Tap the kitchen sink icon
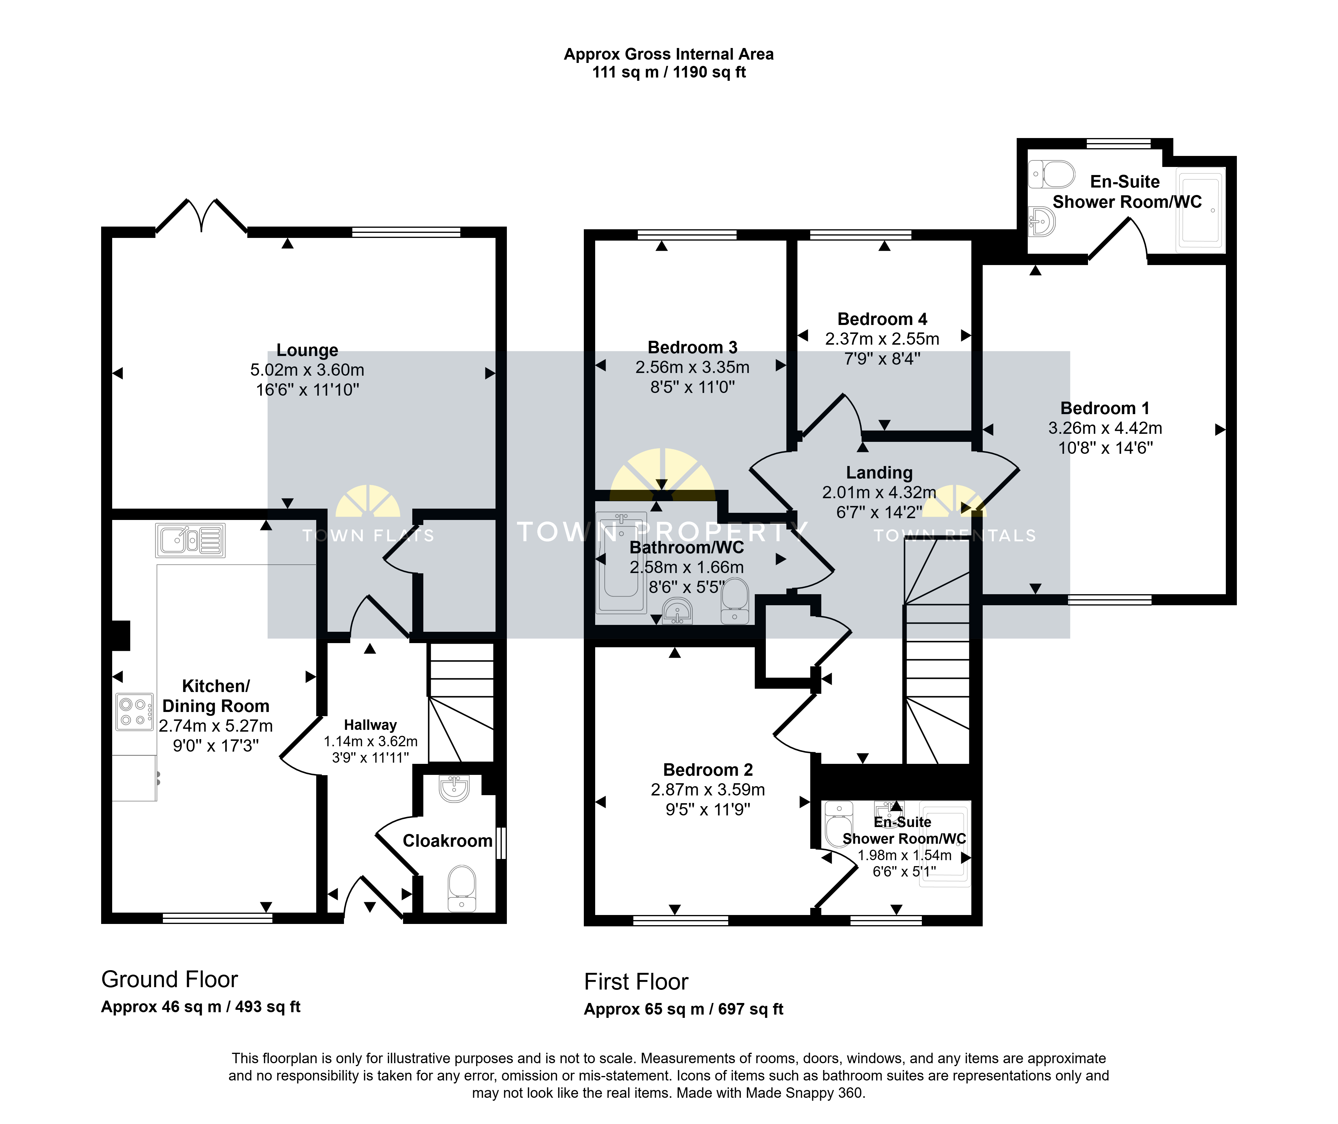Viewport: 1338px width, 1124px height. click(190, 540)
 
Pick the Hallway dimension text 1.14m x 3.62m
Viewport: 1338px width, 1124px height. click(370, 742)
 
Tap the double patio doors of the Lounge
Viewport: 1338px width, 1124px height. click(201, 215)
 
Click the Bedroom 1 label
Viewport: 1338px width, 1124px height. click(1105, 408)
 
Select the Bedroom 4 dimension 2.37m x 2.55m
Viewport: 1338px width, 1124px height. click(882, 339)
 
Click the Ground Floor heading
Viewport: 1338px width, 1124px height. click(169, 979)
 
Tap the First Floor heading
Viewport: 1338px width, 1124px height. click(636, 982)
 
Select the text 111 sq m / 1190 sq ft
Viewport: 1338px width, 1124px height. click(669, 72)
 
